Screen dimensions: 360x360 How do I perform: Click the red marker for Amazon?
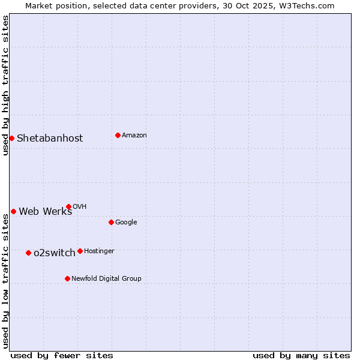pos(118,135)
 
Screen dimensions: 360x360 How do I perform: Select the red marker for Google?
pos(111,222)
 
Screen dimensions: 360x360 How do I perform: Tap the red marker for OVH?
pos(68,206)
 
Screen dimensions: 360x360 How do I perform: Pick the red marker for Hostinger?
pos(80,251)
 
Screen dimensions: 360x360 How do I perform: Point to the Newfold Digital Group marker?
pos(67,278)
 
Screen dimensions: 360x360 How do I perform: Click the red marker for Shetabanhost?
pos(11,138)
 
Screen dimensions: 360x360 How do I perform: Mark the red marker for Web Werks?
pos(13,211)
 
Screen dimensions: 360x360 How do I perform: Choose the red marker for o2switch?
pos(28,253)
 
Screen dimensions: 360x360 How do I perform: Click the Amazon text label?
pos(134,136)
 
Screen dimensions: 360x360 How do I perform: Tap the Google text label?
pos(126,223)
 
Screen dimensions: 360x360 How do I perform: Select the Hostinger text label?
pos(99,251)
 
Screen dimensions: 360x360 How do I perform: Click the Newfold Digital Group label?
pos(106,279)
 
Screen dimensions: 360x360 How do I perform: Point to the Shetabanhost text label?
pos(50,139)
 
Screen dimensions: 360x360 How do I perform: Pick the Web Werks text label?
pos(45,211)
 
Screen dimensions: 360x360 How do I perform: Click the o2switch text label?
pos(54,253)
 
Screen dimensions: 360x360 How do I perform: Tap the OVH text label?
pos(79,207)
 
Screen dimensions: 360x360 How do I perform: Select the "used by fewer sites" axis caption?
pos(62,355)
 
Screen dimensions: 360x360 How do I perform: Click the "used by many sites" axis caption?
pos(301,355)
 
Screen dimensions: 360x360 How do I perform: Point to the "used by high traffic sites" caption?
pos(6,85)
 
